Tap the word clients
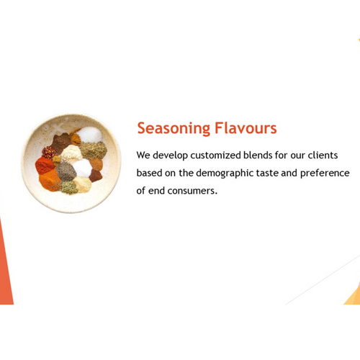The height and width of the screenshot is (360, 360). [332, 155]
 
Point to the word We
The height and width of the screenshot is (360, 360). [143, 155]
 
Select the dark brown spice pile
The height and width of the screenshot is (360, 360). [61, 141]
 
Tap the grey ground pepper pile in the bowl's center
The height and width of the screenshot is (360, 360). [66, 171]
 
